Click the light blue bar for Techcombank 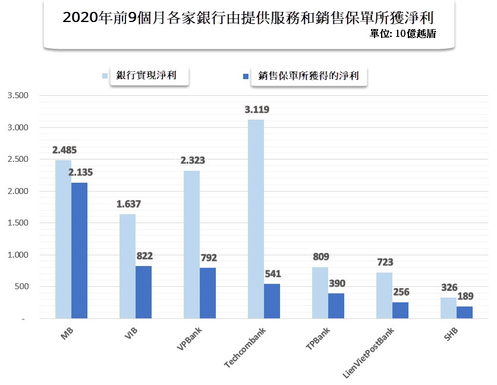point(256,219)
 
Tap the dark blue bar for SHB point(464,312)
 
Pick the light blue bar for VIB point(127,266)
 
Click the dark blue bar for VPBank point(207,293)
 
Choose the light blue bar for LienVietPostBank point(385,295)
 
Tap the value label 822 point(144,256)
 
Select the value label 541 point(272,274)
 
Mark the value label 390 point(336,283)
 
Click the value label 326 point(448,287)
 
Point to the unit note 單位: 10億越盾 point(402,34)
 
